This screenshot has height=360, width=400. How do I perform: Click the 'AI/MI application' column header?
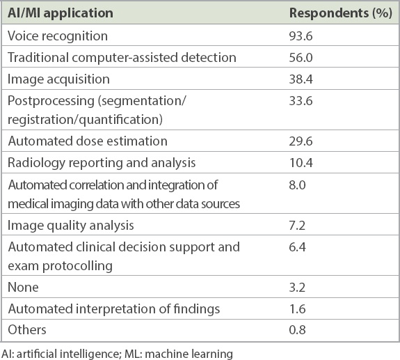61,13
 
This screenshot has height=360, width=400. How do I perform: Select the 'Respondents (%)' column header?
341,13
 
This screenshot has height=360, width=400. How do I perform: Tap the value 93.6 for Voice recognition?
301,36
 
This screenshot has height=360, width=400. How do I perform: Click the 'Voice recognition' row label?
58,36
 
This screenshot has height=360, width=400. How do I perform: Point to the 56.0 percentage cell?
301,58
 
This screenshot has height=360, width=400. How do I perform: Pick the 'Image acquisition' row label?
58,79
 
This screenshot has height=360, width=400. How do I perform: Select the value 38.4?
301,79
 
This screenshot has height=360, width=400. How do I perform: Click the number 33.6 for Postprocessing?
301,101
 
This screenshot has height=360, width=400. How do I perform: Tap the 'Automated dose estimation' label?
88,141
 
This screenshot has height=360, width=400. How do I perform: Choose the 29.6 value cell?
301,141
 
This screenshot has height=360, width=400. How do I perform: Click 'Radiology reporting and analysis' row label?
102,163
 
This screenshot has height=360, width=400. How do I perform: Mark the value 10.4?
301,163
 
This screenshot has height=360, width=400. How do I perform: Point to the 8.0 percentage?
298,185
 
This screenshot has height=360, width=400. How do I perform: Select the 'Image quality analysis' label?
71,226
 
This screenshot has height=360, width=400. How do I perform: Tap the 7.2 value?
297,226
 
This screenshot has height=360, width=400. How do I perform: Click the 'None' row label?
23,288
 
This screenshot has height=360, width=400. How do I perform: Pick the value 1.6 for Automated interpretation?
297,309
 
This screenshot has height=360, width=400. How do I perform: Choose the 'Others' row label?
27,329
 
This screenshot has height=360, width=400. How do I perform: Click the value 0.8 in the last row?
297,330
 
